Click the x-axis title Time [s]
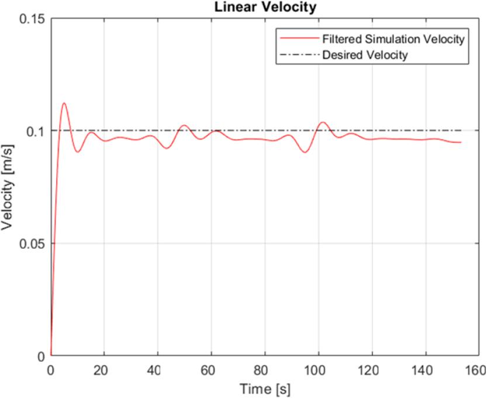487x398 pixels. click(264, 388)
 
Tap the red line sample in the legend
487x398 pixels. click(298, 40)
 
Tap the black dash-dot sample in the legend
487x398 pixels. click(298, 56)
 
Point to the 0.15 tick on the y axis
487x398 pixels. click(33, 18)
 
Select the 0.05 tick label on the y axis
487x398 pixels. click(33, 243)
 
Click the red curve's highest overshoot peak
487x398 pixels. click(64, 103)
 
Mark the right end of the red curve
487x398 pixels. click(461, 142)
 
